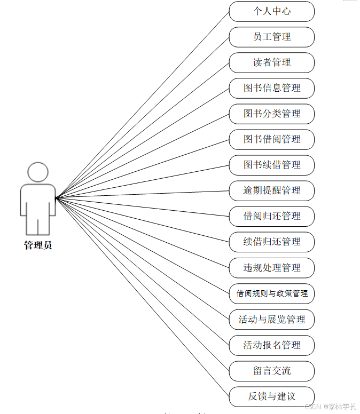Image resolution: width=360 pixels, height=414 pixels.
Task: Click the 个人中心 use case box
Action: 271,11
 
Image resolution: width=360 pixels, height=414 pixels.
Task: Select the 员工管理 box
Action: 271,37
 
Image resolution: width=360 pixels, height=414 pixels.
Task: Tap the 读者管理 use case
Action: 271,62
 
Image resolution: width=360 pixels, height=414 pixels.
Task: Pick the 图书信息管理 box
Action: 271,88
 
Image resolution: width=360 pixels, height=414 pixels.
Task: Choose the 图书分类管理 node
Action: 271,114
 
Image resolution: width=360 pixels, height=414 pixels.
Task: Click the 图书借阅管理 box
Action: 271,139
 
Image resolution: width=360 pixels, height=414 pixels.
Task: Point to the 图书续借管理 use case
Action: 271,165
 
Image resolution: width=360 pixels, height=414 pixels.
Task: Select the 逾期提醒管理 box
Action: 271,190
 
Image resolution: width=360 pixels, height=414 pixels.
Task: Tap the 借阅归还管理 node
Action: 271,216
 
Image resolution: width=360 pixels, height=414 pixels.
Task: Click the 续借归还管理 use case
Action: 271,242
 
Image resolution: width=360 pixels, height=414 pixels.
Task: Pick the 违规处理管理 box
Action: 271,267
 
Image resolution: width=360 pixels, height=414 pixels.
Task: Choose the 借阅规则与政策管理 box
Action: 271,293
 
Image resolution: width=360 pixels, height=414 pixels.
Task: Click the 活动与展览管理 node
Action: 271,320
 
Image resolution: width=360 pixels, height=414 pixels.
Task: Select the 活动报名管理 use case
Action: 271,345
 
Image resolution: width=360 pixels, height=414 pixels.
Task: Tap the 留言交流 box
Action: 271,371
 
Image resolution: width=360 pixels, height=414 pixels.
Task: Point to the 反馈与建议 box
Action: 271,396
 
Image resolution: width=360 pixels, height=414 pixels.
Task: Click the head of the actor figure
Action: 38,172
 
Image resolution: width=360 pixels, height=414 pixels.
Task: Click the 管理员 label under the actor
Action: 38,246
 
